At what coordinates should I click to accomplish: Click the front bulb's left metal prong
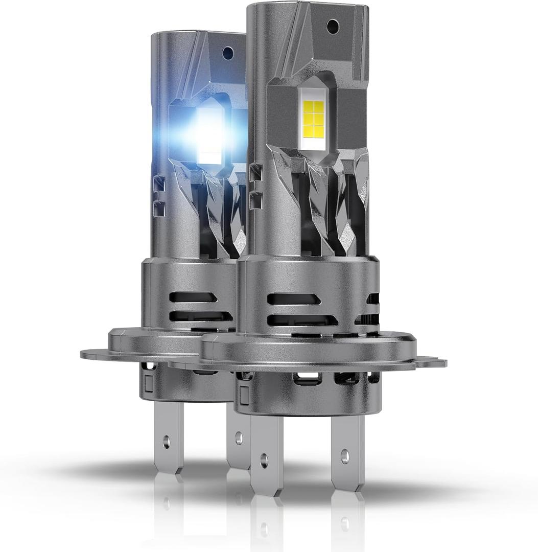pos(266,450)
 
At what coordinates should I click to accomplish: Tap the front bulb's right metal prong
pos(347,450)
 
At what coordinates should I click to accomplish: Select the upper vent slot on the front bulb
pos(294,298)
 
